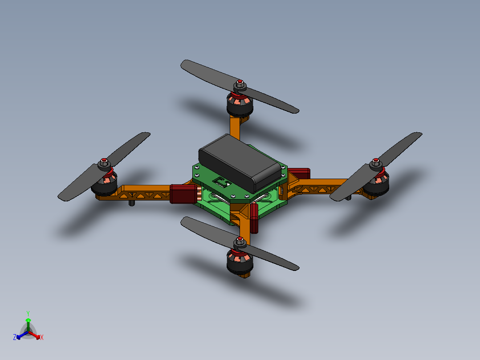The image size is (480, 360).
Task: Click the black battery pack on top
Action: (x=240, y=163)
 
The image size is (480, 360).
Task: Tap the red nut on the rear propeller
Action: (x=240, y=82)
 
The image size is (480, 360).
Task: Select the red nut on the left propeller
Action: (x=104, y=160)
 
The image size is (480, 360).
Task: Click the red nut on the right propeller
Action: (x=376, y=160)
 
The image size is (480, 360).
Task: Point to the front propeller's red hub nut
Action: (x=240, y=239)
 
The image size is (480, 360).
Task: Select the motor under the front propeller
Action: (x=240, y=262)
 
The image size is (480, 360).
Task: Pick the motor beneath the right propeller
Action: (x=376, y=183)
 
